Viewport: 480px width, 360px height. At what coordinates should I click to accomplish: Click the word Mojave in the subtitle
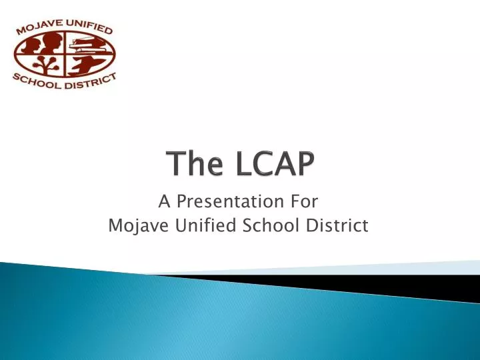click(x=135, y=227)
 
